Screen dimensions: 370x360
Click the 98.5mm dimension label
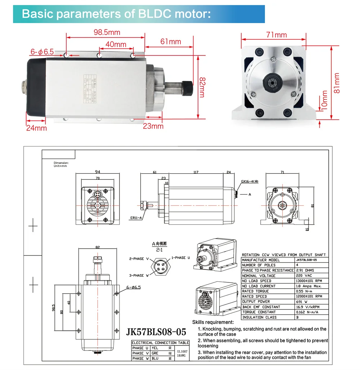click(107, 32)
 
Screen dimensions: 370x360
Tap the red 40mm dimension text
click(116, 45)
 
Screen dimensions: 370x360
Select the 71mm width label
click(276, 35)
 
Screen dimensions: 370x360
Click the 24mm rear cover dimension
click(36, 128)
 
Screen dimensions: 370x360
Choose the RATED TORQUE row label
click(256, 291)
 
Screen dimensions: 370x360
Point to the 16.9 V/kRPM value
click(304, 307)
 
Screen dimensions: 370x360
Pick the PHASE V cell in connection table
click(138, 353)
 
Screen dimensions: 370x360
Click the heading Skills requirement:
click(213, 322)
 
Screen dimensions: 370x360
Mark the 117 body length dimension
click(196, 173)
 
